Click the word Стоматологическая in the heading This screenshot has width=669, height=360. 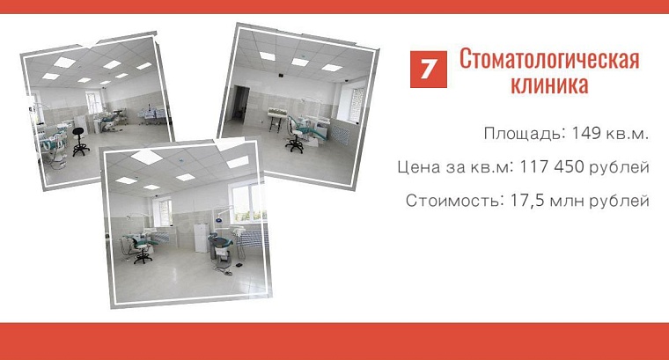click(x=548, y=60)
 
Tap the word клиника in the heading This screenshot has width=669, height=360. click(x=548, y=85)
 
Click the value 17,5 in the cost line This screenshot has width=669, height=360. click(x=528, y=200)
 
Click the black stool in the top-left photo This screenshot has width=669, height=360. click(x=80, y=141)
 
